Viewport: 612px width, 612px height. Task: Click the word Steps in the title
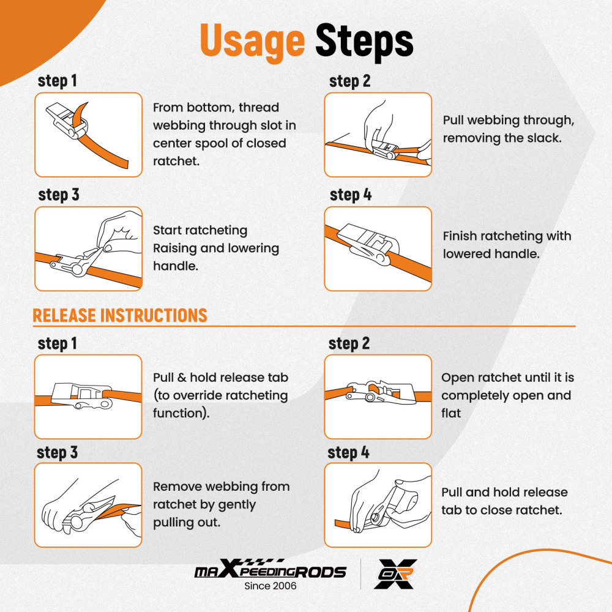[364, 40]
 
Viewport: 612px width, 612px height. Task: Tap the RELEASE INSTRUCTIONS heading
[120, 315]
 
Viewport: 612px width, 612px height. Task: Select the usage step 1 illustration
[88, 135]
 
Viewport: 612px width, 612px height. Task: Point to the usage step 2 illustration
[378, 135]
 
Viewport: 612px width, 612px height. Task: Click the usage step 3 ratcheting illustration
[88, 248]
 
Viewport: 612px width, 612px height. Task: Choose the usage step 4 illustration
[378, 248]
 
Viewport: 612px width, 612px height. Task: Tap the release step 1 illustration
[88, 397]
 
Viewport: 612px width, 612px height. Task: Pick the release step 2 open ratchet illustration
[378, 397]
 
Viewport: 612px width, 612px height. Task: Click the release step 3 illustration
[88, 505]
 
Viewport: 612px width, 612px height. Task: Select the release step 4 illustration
[378, 505]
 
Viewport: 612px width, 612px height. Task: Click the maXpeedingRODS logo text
[270, 569]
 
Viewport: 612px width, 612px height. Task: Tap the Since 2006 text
[270, 586]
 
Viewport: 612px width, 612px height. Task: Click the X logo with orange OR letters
[395, 573]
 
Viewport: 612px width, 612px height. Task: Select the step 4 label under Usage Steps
[351, 195]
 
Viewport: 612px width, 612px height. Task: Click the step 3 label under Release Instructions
[58, 453]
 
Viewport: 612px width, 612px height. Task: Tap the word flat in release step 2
[451, 413]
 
